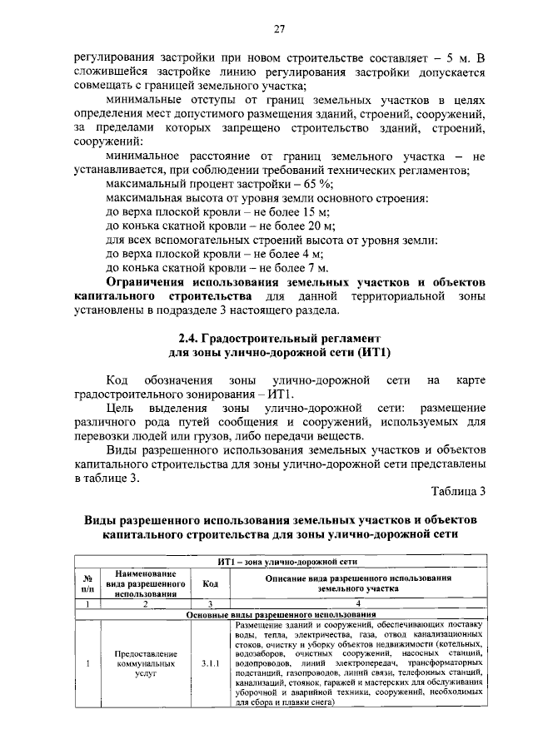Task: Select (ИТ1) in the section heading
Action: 362,353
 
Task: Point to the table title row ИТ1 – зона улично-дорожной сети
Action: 281,560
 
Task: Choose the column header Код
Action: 211,583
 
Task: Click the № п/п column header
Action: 87,583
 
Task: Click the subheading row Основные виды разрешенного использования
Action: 281,614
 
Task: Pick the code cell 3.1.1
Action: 211,664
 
